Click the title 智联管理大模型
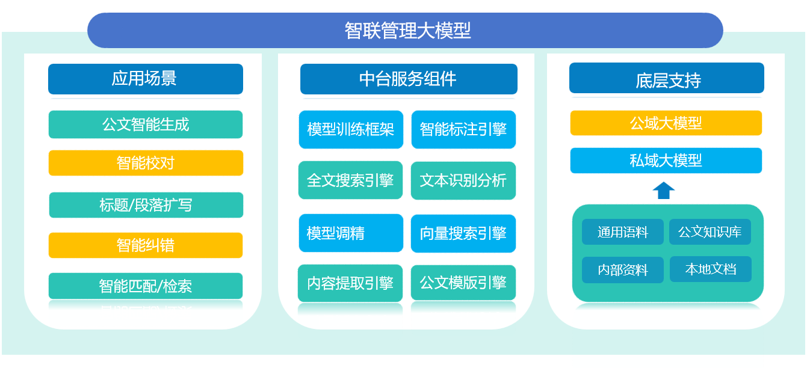click(x=405, y=30)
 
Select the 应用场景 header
click(x=145, y=79)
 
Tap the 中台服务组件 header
click(x=409, y=79)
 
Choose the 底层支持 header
click(x=666, y=79)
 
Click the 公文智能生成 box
click(x=145, y=124)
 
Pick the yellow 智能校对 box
click(x=145, y=163)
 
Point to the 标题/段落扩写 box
click(x=146, y=205)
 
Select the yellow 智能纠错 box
click(x=145, y=245)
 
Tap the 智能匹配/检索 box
click(x=145, y=286)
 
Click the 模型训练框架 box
click(x=351, y=129)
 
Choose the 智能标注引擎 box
click(x=463, y=129)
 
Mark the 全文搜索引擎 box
click(x=351, y=180)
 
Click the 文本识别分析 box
click(x=463, y=180)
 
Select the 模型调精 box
click(x=351, y=233)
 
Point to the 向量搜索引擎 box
click(x=463, y=233)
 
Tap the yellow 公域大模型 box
click(x=666, y=123)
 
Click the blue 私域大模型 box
click(x=666, y=161)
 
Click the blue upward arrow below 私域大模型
click(x=663, y=190)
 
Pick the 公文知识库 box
click(x=710, y=232)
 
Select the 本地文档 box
click(x=710, y=269)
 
